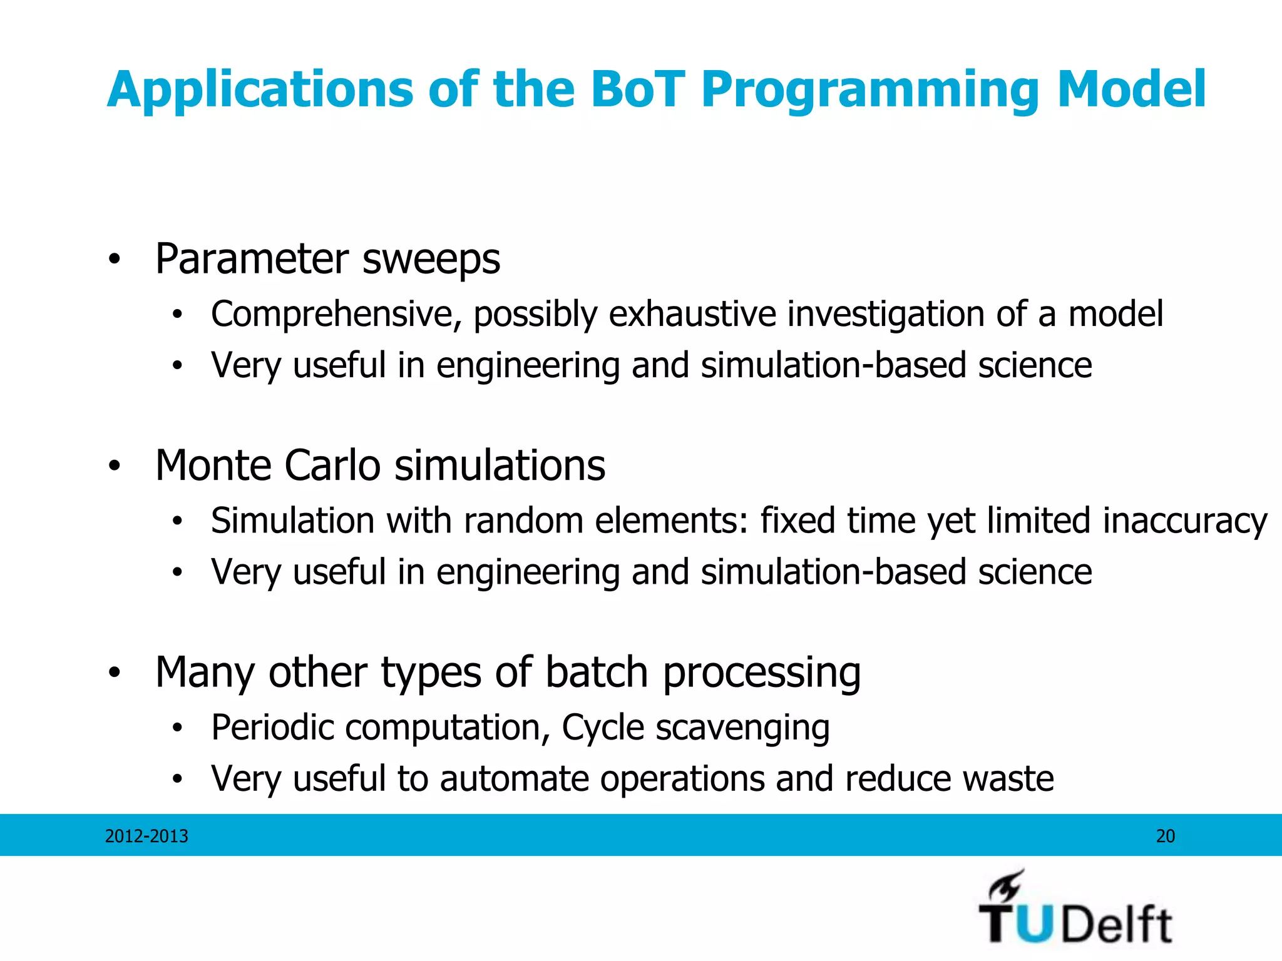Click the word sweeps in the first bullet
[431, 258]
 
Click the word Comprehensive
[336, 315]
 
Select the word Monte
[213, 465]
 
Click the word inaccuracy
[1185, 521]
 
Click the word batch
[596, 672]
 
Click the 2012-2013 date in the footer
[146, 836]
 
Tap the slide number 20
[1165, 836]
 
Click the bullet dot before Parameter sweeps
[114, 259]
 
